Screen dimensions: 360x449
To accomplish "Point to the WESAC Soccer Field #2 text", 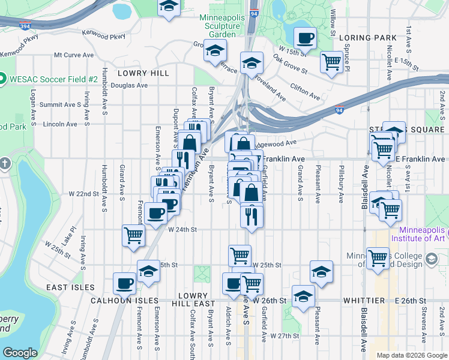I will (53, 79).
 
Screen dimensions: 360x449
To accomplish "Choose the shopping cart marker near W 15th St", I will (331, 61).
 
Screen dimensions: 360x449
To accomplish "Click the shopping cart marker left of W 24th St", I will (133, 235).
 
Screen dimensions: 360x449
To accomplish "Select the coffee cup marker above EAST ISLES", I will (125, 282).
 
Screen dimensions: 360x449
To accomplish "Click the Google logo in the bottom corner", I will (20, 353).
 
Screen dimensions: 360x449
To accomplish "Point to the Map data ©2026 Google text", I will (412, 355).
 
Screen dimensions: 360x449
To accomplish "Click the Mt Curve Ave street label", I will (74, 55).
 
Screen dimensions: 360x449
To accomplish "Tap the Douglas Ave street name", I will (129, 85).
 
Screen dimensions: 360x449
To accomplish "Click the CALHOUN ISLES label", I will (124, 300).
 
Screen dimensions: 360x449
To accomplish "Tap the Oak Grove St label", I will (290, 65).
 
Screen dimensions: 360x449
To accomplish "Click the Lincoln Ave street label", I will (61, 124).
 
